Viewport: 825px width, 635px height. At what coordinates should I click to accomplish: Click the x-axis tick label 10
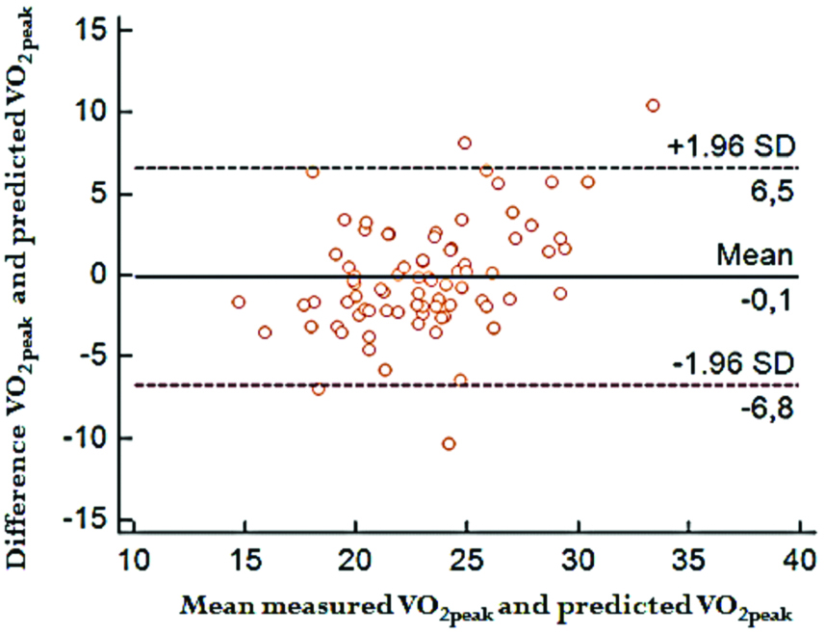click(x=133, y=561)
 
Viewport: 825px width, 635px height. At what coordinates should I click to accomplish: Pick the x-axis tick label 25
click(x=467, y=561)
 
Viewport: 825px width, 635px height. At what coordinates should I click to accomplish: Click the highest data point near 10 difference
click(x=653, y=105)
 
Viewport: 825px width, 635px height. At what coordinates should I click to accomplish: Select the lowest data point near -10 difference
click(x=449, y=443)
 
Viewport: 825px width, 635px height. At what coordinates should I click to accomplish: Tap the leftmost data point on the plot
click(x=239, y=302)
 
